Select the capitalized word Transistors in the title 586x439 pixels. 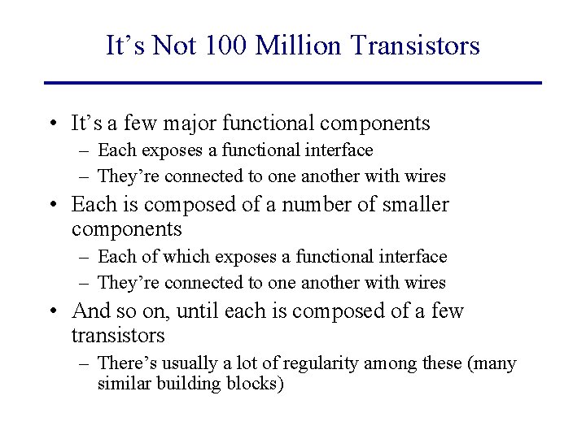pos(416,46)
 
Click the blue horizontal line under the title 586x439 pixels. pos(293,82)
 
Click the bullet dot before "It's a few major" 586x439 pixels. pos(51,124)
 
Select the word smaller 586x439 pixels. pos(414,204)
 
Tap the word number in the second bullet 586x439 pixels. pos(308,204)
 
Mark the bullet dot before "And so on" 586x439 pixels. pos(51,311)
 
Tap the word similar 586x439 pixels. pos(123,384)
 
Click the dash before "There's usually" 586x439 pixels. pos(84,363)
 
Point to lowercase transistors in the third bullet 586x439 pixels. pos(117,335)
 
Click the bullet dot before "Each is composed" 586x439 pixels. pos(51,205)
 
